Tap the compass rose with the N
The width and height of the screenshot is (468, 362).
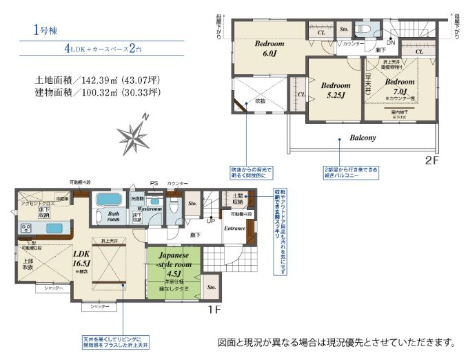132,132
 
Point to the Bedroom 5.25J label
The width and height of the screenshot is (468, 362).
336,91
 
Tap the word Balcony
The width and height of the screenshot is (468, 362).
363,138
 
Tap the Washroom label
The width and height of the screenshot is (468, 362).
149,208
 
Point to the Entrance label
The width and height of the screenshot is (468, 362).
234,228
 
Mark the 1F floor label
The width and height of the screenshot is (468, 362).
214,310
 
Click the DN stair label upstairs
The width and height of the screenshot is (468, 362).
389,43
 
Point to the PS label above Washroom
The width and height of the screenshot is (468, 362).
154,183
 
